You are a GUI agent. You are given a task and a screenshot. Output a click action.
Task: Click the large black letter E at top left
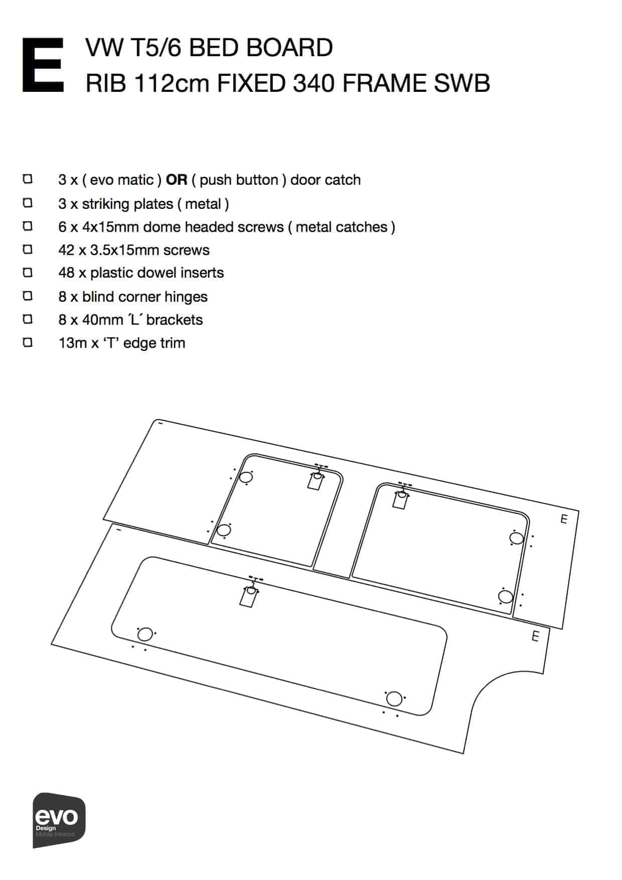click(x=43, y=65)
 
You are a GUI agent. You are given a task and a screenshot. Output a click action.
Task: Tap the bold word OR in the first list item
click(x=177, y=180)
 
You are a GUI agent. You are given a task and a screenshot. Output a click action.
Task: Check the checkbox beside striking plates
click(x=28, y=202)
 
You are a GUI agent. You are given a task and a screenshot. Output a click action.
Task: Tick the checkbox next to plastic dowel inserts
click(x=28, y=272)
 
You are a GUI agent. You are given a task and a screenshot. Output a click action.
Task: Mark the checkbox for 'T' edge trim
click(x=28, y=342)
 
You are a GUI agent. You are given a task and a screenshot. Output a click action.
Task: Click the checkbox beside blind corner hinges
click(x=28, y=296)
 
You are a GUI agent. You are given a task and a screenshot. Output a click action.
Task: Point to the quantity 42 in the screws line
click(x=67, y=250)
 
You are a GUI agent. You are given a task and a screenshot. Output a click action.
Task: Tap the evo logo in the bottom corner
click(x=59, y=820)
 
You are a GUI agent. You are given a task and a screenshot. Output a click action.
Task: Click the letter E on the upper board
click(x=564, y=519)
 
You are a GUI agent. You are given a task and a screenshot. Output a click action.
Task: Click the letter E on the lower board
click(x=535, y=637)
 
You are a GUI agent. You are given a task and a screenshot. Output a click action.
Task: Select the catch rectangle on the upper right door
click(x=400, y=499)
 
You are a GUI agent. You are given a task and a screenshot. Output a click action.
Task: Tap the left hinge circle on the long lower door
click(x=145, y=635)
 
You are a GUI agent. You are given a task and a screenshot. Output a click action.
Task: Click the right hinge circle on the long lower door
click(x=395, y=699)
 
